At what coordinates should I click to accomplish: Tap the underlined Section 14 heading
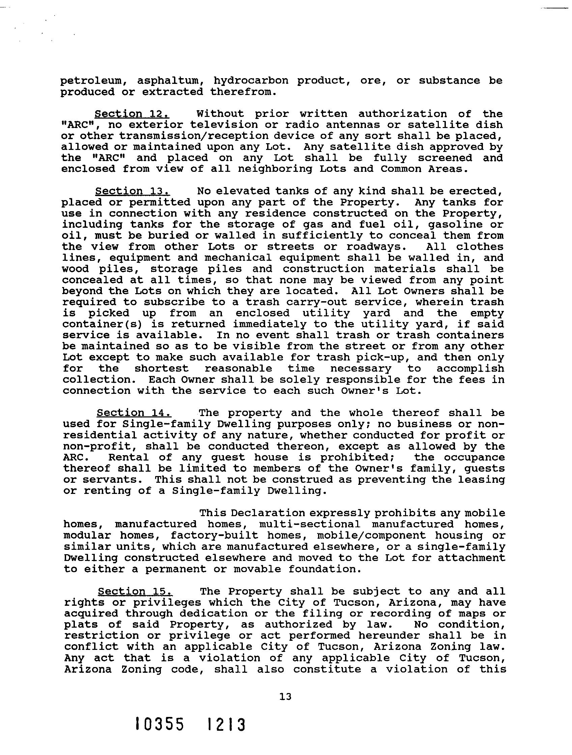click(134, 413)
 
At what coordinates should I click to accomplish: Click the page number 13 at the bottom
click(285, 696)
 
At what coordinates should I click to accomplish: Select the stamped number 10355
click(160, 724)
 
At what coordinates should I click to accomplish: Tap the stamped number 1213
click(226, 724)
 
